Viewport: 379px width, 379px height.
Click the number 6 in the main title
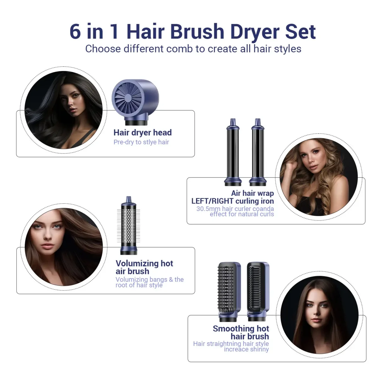tap(75, 32)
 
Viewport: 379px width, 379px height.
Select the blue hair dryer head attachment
tap(135, 102)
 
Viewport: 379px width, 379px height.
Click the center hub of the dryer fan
tap(128, 97)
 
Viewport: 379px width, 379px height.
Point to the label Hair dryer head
tap(142, 133)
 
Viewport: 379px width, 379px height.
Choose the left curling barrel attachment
tap(233, 152)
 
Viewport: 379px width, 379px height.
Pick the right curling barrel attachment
tap(258, 152)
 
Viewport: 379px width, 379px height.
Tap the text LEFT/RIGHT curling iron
tap(232, 201)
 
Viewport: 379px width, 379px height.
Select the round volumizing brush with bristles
tap(129, 226)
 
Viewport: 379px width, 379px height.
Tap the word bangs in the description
tap(158, 280)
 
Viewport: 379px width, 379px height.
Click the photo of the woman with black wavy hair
tap(63, 110)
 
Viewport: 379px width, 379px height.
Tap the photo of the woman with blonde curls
tap(319, 177)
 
